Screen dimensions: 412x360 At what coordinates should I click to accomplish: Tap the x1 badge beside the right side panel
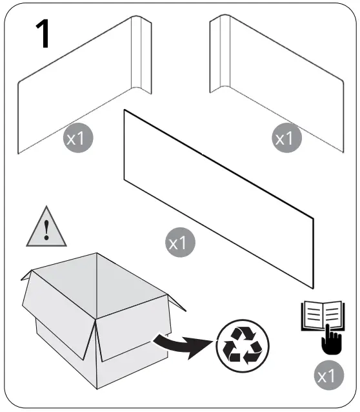[x=285, y=138]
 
